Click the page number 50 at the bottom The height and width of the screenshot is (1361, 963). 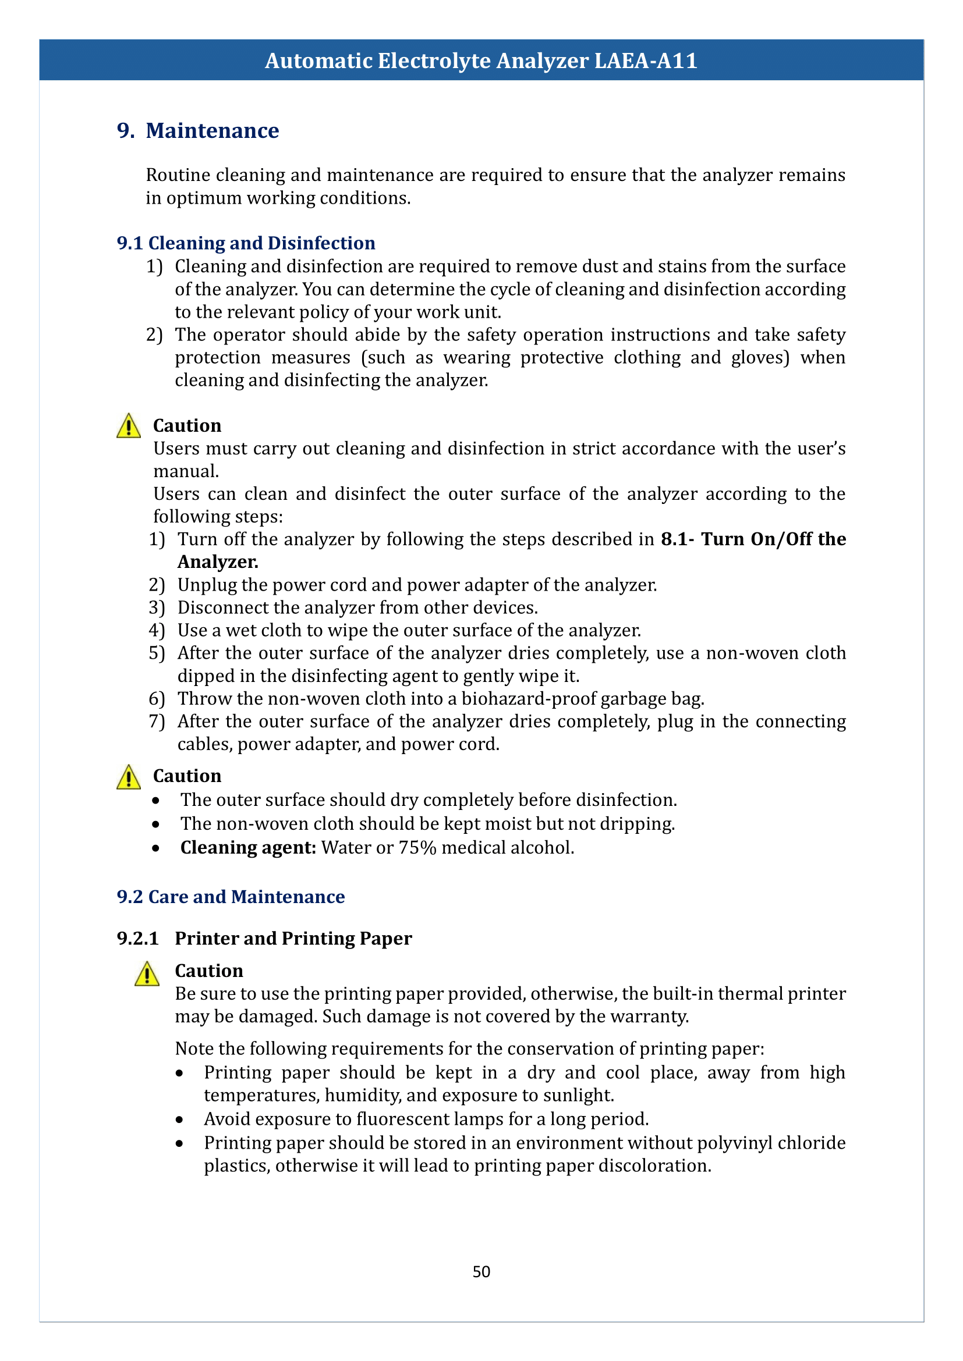click(x=481, y=1271)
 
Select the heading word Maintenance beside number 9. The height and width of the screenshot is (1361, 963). click(x=213, y=131)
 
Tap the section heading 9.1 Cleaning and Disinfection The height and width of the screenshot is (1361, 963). click(x=246, y=243)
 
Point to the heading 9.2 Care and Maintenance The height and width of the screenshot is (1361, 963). click(x=231, y=897)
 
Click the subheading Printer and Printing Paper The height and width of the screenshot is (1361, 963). click(x=293, y=939)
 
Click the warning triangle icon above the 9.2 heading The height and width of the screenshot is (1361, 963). click(x=129, y=777)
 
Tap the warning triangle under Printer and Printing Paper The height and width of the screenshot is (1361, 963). click(x=147, y=973)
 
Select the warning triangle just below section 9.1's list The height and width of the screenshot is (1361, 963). click(x=129, y=426)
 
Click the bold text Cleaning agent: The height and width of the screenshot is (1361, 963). click(x=248, y=848)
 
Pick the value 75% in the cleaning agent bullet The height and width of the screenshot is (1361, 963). click(x=417, y=848)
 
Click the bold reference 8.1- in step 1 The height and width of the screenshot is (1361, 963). click(x=677, y=539)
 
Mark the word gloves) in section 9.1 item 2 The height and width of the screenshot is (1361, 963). click(x=760, y=358)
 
